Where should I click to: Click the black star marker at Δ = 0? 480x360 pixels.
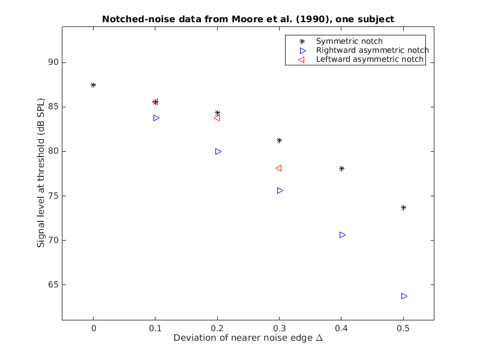click(93, 85)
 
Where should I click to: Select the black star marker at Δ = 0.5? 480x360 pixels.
click(403, 208)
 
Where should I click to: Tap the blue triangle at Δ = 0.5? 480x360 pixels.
click(404, 296)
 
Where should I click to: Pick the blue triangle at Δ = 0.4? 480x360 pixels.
click(343, 235)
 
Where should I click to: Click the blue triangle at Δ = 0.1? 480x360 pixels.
click(157, 118)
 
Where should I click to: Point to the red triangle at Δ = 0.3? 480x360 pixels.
click(278, 168)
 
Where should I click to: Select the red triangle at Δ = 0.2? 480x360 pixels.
click(217, 118)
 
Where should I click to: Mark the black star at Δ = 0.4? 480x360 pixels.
click(341, 169)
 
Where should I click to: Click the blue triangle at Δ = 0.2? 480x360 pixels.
click(218, 151)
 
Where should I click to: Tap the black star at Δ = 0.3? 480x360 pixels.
click(279, 140)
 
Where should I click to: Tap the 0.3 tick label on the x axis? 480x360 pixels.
click(279, 328)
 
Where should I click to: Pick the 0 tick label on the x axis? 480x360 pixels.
click(93, 328)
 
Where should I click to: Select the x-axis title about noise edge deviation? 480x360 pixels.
click(248, 338)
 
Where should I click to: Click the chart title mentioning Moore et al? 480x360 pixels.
click(248, 19)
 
